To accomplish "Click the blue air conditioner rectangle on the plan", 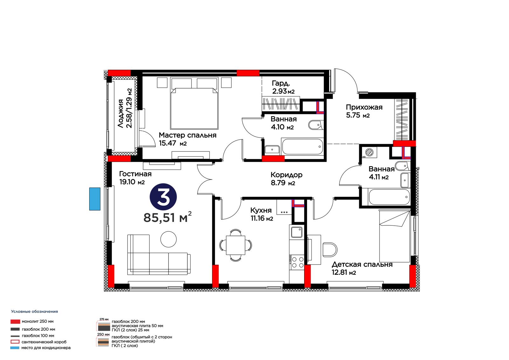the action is point(95,199).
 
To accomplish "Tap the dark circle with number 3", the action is point(163,197).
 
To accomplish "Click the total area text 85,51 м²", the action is point(167,217).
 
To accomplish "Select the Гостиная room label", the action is point(135,174).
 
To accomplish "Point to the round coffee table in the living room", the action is point(168,239).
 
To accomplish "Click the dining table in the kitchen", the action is point(235,245).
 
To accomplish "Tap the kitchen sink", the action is point(296,232).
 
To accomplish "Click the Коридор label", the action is point(286,175).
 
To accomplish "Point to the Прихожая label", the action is point(364,107).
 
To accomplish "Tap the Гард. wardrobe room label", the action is point(281,83).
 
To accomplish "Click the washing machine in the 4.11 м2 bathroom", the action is point(369,152).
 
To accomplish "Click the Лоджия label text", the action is point(121,113).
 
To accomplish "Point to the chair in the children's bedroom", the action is point(330,250).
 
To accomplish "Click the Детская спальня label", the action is point(362,265).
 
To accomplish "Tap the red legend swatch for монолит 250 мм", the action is point(15,321).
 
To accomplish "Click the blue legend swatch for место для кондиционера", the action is point(15,348).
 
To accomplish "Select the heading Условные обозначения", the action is point(35,312).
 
